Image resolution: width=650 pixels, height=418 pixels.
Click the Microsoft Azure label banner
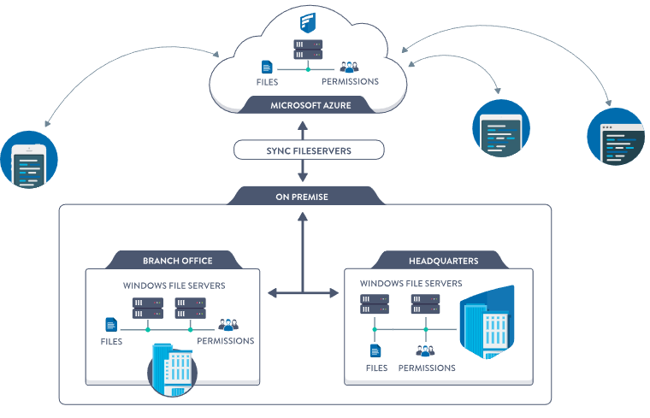[310, 106]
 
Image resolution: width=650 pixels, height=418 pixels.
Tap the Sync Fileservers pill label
[309, 150]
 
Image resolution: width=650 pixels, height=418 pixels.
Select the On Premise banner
[301, 197]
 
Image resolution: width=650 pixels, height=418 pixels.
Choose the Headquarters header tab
[437, 260]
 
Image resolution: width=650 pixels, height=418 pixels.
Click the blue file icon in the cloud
[267, 67]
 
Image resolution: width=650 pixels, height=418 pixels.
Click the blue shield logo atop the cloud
[307, 21]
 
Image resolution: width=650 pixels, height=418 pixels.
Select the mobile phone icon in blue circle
[30, 161]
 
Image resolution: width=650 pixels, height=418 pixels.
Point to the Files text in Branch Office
[111, 341]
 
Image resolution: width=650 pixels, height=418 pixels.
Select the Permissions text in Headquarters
[426, 368]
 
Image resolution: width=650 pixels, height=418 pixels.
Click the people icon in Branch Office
[227, 325]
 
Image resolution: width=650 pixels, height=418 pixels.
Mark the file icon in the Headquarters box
[375, 350]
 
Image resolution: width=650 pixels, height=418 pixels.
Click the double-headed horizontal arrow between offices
[303, 293]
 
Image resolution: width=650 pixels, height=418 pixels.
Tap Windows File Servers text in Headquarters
[411, 283]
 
